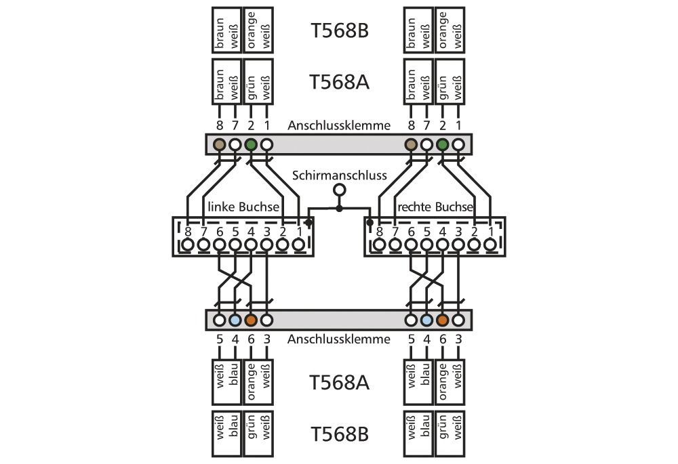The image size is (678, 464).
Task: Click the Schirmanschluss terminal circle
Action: pos(340,190)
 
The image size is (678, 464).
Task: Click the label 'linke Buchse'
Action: pos(243,206)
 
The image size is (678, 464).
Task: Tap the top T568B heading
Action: pos(339,31)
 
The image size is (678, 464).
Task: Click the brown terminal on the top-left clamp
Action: pos(219,144)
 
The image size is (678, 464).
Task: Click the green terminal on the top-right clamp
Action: pos(443,144)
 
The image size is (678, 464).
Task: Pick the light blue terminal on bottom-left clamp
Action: pos(235,320)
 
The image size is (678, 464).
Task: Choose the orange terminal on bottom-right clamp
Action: pos(443,320)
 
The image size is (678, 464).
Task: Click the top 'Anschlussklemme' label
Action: pos(339,125)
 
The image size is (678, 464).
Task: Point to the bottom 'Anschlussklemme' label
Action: pos(339,339)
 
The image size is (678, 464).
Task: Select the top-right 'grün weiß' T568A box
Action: pos(450,82)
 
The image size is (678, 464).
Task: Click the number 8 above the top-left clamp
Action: pos(219,125)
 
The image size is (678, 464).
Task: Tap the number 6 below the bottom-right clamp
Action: pos(443,339)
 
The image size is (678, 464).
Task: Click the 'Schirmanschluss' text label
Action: pos(340,175)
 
